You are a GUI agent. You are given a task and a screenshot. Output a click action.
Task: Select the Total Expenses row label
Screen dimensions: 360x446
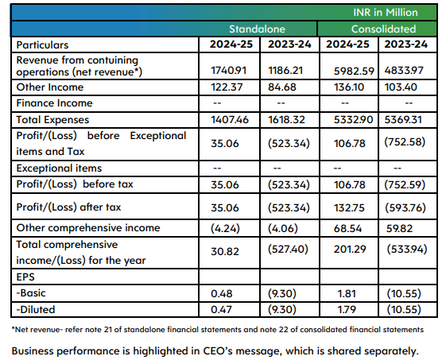point(54,119)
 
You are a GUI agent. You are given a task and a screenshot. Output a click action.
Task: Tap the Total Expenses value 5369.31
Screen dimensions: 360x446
point(408,119)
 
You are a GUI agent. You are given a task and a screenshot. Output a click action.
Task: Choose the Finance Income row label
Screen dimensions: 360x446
point(55,103)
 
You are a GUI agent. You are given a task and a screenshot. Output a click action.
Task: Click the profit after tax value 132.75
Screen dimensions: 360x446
point(346,207)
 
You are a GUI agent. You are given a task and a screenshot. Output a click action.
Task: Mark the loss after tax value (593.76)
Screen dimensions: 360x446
point(408,207)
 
